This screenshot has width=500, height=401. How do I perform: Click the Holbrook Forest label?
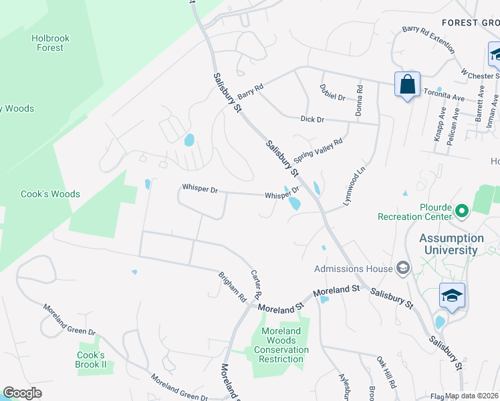50,43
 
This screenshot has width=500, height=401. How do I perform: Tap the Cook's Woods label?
50,194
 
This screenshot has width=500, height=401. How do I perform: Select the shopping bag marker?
407,85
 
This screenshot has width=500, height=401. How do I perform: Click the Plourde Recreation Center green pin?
461,213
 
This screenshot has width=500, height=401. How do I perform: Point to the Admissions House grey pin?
402,269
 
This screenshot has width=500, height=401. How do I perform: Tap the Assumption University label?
452,244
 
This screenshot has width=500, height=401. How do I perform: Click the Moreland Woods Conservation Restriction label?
281,345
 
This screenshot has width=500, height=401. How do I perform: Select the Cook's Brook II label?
92,360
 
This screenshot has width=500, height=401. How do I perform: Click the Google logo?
22,393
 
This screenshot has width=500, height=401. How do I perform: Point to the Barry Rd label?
251,89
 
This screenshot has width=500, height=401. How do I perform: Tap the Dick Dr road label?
311,119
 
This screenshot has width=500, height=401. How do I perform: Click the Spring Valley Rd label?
322,147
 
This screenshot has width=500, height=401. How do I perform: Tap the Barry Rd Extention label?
428,40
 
